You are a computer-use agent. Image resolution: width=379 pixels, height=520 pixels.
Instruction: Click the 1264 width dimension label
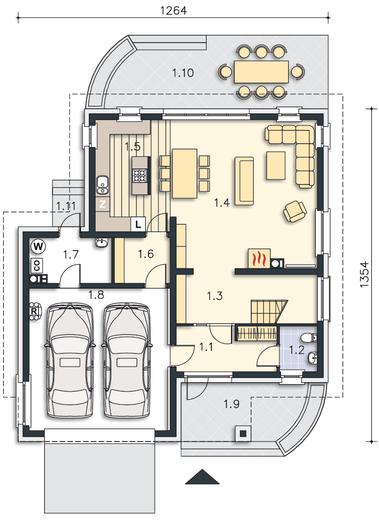[x=174, y=10]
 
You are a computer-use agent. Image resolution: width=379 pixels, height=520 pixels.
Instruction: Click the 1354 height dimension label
[x=365, y=274]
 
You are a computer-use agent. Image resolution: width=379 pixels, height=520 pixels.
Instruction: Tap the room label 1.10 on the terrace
[x=183, y=73]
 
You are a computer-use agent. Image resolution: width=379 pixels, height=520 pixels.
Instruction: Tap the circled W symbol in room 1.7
[x=38, y=247]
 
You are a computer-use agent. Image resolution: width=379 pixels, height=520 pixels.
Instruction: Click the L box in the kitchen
[x=138, y=224]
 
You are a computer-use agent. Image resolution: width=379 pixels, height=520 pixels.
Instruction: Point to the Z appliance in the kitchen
[x=103, y=204]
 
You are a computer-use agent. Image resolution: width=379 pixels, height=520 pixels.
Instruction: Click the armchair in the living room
[x=295, y=211]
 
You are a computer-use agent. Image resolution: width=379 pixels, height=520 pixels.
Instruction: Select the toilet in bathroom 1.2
[x=308, y=338]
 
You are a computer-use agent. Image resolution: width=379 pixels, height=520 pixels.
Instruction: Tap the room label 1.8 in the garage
[x=96, y=295]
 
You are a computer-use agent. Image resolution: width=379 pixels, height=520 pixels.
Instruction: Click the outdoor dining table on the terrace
[x=261, y=72]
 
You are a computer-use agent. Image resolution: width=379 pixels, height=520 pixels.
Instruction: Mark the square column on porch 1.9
[x=243, y=433]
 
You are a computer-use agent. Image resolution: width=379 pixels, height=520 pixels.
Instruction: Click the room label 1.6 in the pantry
[x=146, y=254]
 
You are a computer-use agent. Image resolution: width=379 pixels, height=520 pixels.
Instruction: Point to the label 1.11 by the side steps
[x=65, y=206]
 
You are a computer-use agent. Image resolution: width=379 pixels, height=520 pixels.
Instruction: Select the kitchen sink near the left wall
[x=101, y=185]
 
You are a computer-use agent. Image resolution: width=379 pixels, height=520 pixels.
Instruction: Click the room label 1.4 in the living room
[x=222, y=202]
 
